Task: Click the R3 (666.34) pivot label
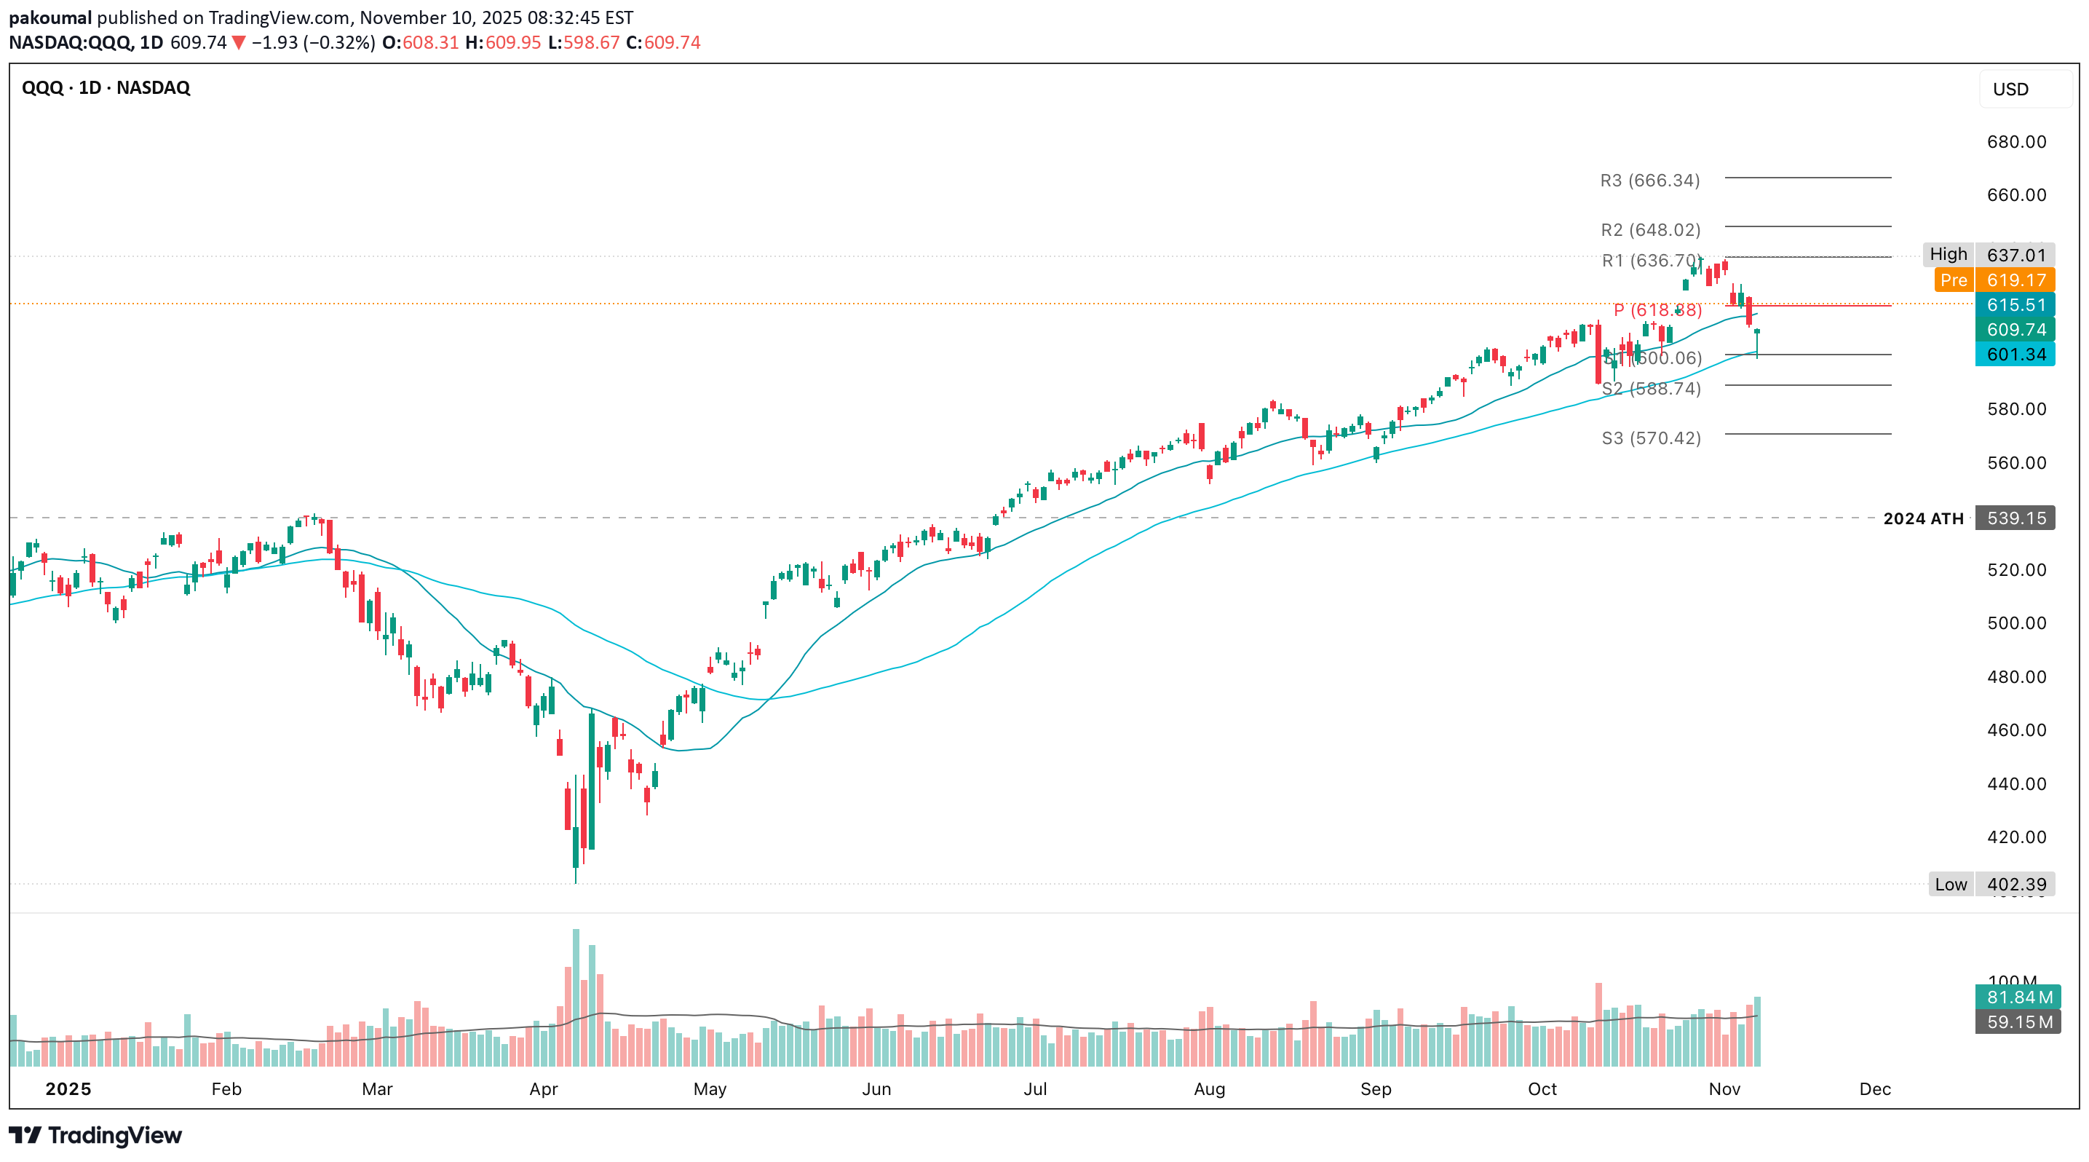(1649, 180)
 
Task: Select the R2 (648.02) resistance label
(1650, 229)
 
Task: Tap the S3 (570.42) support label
(1651, 438)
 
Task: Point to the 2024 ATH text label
(1923, 518)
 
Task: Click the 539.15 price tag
(2015, 518)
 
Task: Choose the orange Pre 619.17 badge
(1994, 280)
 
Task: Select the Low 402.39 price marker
(1991, 884)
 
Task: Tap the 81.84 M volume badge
(2018, 997)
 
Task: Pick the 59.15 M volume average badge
(2018, 1021)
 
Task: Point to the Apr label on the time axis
(543, 1089)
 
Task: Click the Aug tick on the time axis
(1209, 1089)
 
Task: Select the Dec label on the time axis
(1875, 1089)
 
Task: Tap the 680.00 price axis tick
(2016, 142)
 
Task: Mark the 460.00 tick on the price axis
(2016, 730)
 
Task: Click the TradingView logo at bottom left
(95, 1135)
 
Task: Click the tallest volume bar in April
(576, 997)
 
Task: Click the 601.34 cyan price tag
(2015, 355)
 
